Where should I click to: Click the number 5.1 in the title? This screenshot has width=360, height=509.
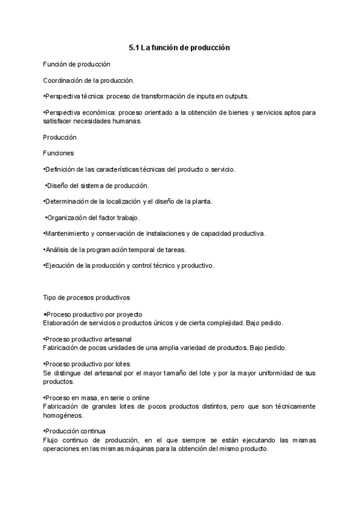point(134,47)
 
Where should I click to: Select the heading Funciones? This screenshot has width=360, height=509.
point(59,153)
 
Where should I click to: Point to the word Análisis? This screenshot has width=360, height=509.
point(58,249)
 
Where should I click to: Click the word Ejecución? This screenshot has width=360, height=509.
point(61,265)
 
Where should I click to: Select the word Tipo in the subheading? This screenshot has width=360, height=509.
point(50,297)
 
